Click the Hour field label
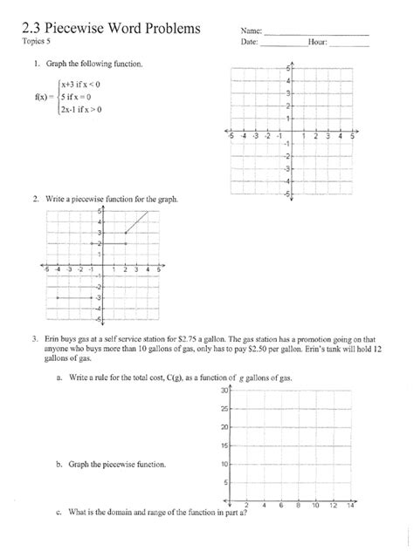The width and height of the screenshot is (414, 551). coord(318,42)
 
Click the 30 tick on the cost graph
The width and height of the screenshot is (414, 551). coord(223,391)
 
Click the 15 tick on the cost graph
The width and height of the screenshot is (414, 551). coord(223,446)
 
